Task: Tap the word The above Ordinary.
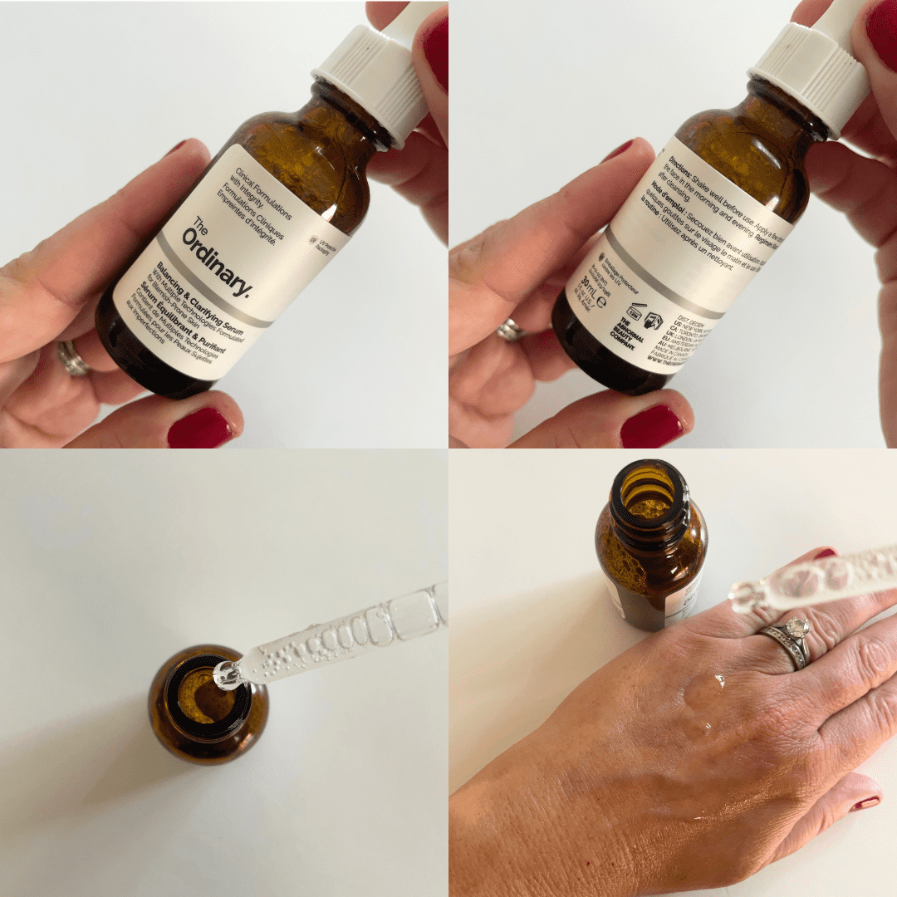(x=199, y=225)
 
